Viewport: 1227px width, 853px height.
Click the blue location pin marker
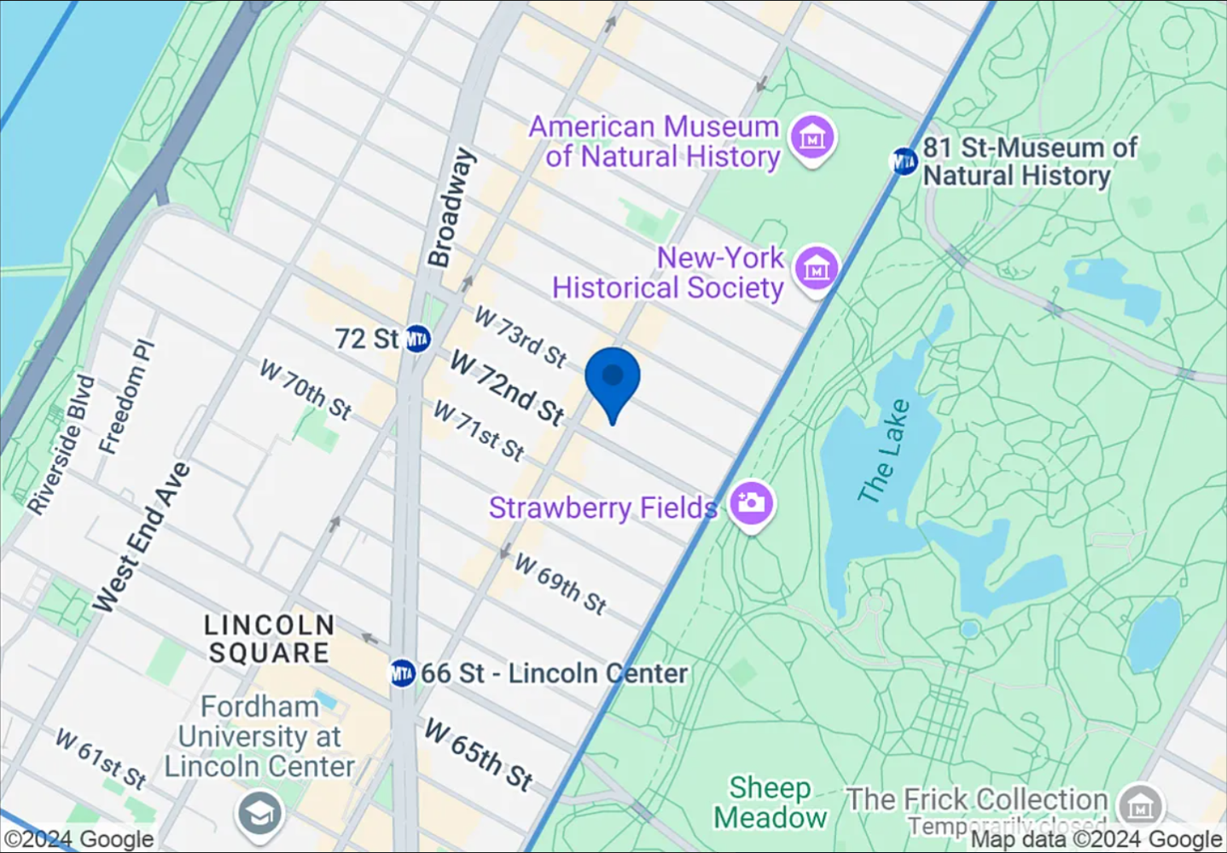(613, 380)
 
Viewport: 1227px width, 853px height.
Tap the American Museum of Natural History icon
(811, 136)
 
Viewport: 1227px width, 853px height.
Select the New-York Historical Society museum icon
(817, 269)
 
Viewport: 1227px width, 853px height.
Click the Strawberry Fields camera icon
(751, 502)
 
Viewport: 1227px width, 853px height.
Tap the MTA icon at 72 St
(417, 339)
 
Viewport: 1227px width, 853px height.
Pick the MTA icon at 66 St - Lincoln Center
(402, 673)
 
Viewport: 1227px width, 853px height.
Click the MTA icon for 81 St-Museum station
(904, 160)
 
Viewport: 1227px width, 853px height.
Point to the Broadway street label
(451, 208)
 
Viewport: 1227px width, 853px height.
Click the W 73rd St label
(520, 337)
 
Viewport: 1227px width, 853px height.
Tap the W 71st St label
(479, 431)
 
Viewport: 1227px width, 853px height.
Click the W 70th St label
(305, 390)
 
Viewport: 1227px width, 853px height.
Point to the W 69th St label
(561, 583)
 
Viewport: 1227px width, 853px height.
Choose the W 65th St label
(479, 754)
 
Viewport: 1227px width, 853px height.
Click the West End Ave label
(142, 537)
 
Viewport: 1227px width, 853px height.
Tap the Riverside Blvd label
(61, 444)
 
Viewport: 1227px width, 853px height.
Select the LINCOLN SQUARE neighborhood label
(269, 639)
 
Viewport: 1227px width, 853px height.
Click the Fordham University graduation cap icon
(259, 815)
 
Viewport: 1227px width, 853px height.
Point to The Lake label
(885, 451)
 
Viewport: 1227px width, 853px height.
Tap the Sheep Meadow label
(770, 803)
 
